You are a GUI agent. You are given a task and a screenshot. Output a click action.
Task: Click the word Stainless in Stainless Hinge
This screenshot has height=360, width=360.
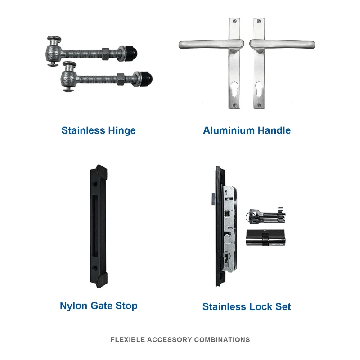click(83, 130)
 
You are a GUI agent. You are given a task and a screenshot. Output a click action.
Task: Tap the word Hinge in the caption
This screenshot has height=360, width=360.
click(122, 131)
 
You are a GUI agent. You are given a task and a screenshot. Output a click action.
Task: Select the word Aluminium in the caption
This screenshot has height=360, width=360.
click(229, 130)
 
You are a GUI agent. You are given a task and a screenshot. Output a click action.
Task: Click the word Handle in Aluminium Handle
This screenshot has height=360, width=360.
click(274, 130)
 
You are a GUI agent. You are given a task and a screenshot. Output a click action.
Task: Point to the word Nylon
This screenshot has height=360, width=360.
click(74, 306)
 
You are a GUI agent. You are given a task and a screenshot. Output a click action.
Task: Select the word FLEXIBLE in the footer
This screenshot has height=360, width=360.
click(128, 340)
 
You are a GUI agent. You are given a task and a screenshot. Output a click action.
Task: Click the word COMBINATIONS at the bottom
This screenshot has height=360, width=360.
click(222, 340)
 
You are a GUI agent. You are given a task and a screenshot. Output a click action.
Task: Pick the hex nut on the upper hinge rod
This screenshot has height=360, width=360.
click(105, 54)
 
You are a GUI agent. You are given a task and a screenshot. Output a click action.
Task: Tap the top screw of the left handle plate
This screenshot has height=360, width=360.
click(234, 21)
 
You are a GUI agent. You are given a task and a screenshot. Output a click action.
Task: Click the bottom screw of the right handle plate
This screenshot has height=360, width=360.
click(259, 106)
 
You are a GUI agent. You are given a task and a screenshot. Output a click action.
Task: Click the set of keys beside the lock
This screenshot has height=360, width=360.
click(265, 216)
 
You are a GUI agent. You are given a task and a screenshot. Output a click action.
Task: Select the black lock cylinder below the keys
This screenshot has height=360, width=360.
click(265, 238)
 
